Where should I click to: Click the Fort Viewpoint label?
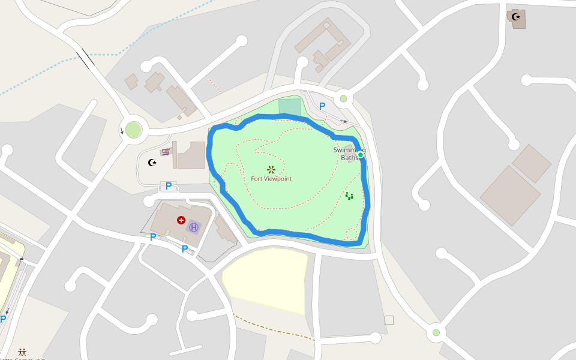pos(271,179)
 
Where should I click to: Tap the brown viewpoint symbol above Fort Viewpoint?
pos(271,170)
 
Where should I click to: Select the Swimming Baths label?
pos(349,154)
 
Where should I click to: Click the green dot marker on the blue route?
pos(360,155)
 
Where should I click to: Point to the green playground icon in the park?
pos(349,196)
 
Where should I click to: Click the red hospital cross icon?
pos(181,220)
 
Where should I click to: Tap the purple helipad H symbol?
pos(193,227)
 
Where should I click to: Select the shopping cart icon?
pos(166,152)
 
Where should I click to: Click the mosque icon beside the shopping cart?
pos(152,162)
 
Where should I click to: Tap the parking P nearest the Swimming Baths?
pos(322,106)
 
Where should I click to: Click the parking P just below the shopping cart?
pos(169,187)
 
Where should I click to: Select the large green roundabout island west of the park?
pos(133,130)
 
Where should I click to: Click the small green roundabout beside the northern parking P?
pos(343,98)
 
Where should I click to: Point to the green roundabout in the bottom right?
pos(436,332)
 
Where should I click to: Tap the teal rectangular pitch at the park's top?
pos(290,107)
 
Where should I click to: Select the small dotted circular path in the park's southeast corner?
pos(352,234)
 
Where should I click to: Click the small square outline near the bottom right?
pos(389,320)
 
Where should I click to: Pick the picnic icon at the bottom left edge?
pos(22,352)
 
